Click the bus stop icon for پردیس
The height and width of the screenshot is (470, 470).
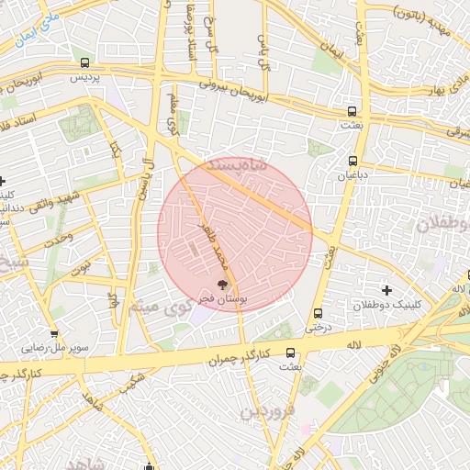pyautogui.click(x=85, y=63)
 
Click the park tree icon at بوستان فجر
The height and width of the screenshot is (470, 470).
pyautogui.click(x=221, y=285)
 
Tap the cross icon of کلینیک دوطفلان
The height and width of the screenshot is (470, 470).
pyautogui.click(x=386, y=290)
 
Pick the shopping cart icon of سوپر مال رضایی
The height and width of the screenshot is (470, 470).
pyautogui.click(x=54, y=334)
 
